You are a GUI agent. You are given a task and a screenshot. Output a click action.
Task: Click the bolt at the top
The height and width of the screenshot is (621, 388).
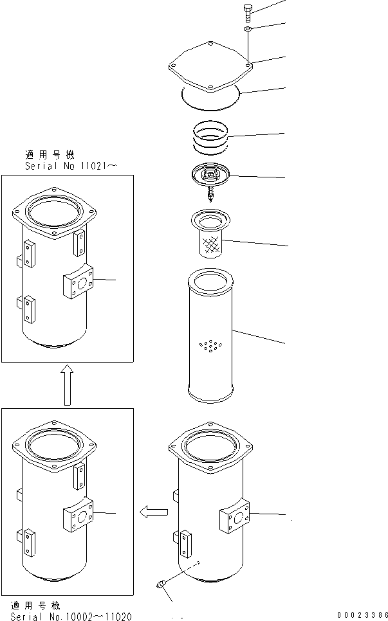pos(248,12)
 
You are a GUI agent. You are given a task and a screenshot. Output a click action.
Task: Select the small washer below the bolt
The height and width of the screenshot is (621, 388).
pos(248,29)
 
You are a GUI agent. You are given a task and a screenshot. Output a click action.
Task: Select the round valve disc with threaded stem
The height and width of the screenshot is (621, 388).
pos(211,177)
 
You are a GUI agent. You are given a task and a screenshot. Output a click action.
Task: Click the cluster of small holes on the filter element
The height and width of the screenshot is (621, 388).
pos(211,346)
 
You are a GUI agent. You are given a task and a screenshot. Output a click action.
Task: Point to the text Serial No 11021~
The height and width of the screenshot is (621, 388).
pos(71,165)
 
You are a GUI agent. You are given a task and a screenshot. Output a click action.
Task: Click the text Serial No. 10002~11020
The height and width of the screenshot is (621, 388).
pos(71,616)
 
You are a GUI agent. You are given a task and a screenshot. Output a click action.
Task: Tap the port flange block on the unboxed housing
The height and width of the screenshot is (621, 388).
pos(234,515)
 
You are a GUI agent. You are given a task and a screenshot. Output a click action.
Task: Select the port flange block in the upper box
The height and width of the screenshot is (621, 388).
pos(80,282)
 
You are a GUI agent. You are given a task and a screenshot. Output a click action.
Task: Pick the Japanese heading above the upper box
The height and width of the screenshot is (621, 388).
pos(50,155)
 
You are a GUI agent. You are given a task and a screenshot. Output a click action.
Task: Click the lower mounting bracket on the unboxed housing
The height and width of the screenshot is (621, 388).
pos(186,544)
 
